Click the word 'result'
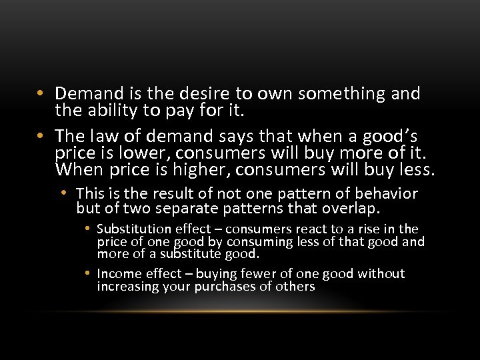click(x=169, y=194)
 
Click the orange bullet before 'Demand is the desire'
click(x=41, y=94)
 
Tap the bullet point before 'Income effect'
click(x=87, y=273)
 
